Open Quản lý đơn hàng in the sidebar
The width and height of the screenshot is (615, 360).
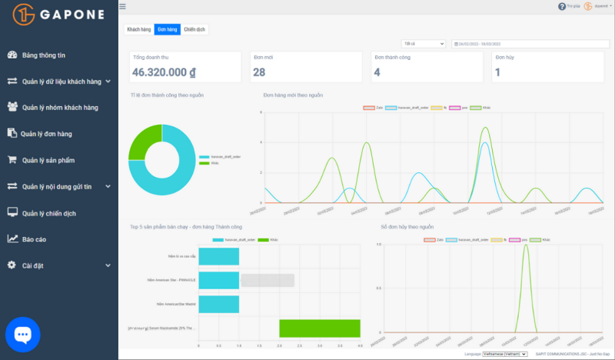[46, 134]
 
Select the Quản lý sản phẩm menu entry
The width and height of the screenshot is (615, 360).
[48, 160]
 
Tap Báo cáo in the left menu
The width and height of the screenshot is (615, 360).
[34, 239]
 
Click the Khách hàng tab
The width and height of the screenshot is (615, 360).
[138, 29]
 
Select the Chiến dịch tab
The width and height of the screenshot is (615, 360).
[195, 29]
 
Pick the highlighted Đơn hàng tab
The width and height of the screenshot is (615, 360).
[167, 29]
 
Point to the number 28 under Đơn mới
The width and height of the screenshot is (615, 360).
[259, 72]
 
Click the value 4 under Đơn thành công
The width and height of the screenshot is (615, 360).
[377, 72]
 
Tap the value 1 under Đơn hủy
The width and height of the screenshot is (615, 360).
[498, 72]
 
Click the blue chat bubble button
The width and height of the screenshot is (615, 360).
[22, 334]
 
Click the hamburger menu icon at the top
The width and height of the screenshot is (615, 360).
[122, 6]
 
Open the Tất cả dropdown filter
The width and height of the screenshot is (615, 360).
[424, 44]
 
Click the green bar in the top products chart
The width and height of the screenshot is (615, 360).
[320, 328]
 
